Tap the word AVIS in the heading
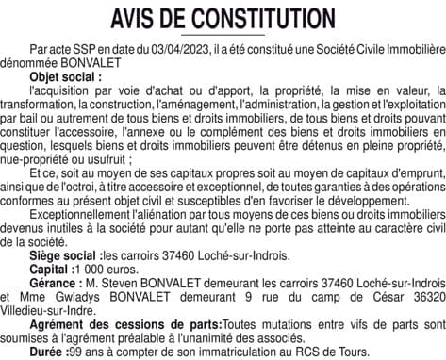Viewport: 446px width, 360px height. pyautogui.click(x=139, y=19)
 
